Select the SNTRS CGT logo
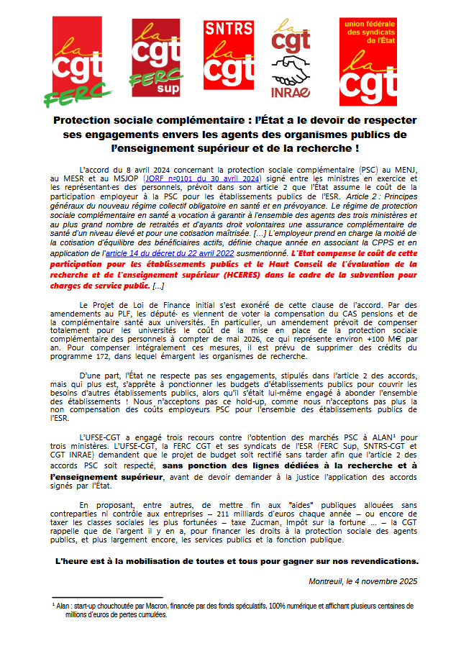pyautogui.click(x=229, y=55)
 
